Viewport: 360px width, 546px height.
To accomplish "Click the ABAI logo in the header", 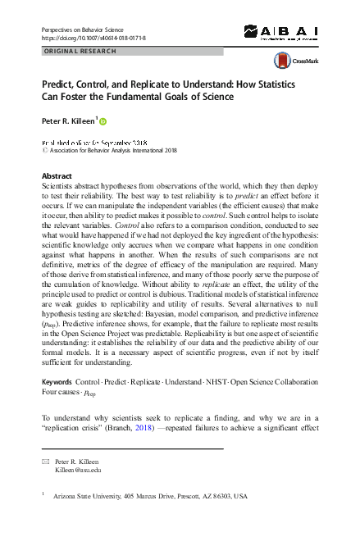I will pos(280,34).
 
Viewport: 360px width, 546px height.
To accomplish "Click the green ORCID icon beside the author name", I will pos(104,121).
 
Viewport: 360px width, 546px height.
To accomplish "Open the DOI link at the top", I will pos(93,38).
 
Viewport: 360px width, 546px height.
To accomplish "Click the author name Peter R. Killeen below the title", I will pos(69,121).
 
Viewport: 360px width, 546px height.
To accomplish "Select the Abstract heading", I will pos(57,176).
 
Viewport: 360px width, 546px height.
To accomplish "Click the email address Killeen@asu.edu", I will pos(78,471).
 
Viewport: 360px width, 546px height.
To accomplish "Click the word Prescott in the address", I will pos(195,496).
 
